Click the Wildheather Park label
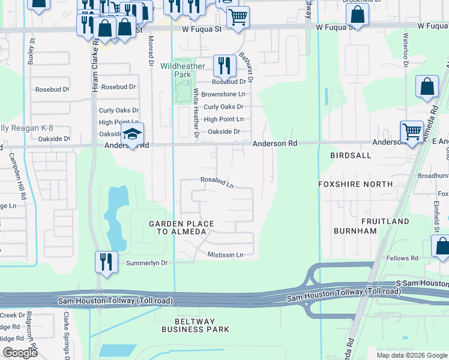[x=182, y=70]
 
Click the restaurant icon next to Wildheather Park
[x=224, y=65]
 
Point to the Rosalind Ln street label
[x=217, y=182]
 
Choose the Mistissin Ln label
[x=225, y=255]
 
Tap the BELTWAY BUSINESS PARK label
[x=195, y=325]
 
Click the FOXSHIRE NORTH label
[x=355, y=184]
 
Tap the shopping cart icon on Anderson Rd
[x=412, y=131]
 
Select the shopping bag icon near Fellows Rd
[x=441, y=247]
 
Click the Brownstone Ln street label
[x=223, y=94]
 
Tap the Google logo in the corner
[x=20, y=353]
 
